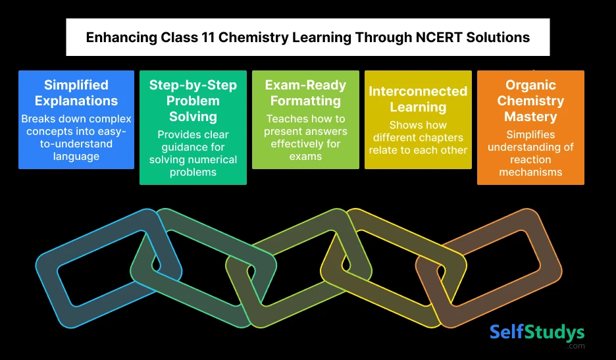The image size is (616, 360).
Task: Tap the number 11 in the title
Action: coord(206,38)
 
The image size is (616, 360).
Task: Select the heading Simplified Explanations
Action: coord(76,93)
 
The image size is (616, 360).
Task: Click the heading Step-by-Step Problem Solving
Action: coord(193,101)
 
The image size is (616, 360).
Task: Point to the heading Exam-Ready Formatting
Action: coord(305,93)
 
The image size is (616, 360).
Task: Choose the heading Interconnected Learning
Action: coord(418,99)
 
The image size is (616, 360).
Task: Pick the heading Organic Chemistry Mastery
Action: coord(530,101)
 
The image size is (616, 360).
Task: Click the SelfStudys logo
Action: coord(536,332)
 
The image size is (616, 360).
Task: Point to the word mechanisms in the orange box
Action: coord(530,172)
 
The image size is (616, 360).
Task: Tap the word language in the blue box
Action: coord(76,156)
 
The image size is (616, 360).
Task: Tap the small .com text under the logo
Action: coord(577,346)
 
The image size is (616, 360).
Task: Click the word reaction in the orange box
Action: coord(530,160)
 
